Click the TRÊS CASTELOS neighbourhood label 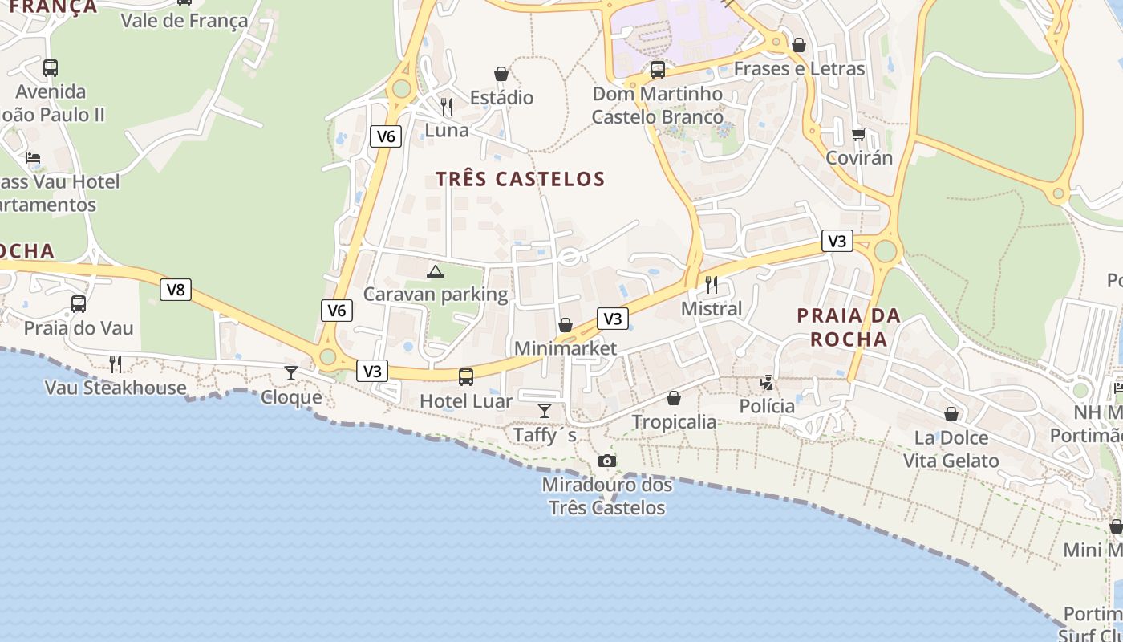[x=520, y=178]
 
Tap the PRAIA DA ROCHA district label [x=849, y=327]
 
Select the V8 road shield [x=176, y=290]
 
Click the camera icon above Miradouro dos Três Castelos [x=607, y=461]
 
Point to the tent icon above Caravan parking [x=436, y=271]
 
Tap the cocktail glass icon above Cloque [x=291, y=373]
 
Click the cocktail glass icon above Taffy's [x=545, y=411]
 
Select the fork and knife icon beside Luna [x=447, y=106]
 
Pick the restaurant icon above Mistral [x=711, y=284]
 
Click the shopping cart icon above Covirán [x=859, y=134]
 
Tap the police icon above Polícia [x=767, y=382]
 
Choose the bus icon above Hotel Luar [x=466, y=376]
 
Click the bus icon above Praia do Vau [x=79, y=304]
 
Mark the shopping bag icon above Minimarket [x=566, y=325]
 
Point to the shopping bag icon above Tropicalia [x=674, y=398]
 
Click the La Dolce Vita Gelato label [x=951, y=449]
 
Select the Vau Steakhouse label [x=116, y=388]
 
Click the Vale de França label [x=184, y=20]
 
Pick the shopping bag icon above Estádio [x=501, y=75]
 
